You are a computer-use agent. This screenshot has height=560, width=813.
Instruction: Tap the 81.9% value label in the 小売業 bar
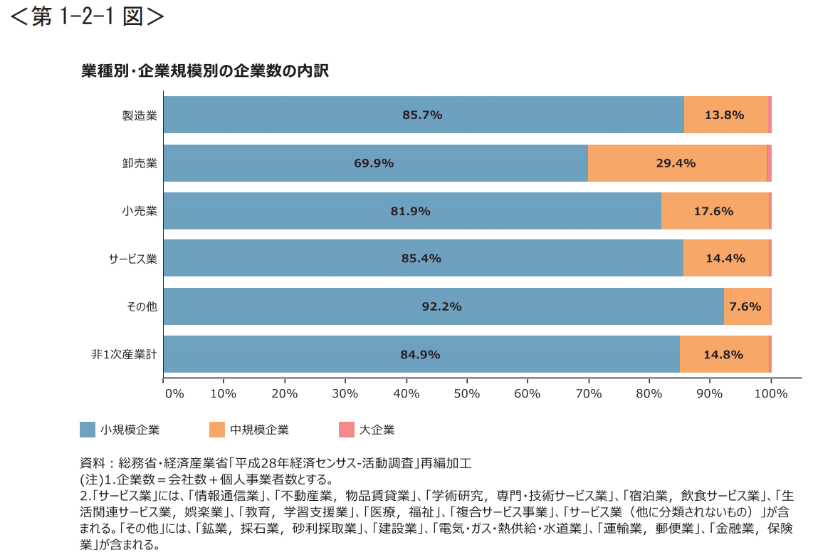pyautogui.click(x=410, y=211)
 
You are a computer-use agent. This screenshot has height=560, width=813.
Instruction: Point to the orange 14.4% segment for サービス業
pyautogui.click(x=725, y=259)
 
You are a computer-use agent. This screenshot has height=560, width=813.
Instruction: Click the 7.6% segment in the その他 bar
pyautogui.click(x=746, y=306)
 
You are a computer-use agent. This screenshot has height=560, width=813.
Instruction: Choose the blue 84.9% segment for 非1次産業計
pyautogui.click(x=421, y=354)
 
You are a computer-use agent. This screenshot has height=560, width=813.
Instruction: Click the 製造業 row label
pyautogui.click(x=140, y=115)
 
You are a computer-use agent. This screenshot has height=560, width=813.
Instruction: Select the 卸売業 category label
pyautogui.click(x=140, y=163)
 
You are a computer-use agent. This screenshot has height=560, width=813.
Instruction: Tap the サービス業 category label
pyautogui.click(x=133, y=259)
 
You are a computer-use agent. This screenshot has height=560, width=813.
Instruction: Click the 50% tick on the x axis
pyautogui.click(x=467, y=393)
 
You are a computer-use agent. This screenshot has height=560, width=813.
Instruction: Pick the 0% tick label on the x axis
pyautogui.click(x=174, y=393)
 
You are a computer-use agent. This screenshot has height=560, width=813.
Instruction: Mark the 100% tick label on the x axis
pyautogui.click(x=773, y=393)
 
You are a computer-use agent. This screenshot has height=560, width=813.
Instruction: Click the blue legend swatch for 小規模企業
pyautogui.click(x=88, y=430)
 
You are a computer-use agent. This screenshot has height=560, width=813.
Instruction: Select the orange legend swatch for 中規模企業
pyautogui.click(x=217, y=430)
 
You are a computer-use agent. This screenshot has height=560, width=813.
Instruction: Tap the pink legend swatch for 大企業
pyautogui.click(x=346, y=430)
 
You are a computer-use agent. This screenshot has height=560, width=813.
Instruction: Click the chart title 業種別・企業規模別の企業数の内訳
pyautogui.click(x=204, y=71)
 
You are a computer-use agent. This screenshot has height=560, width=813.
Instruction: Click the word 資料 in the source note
pyautogui.click(x=93, y=463)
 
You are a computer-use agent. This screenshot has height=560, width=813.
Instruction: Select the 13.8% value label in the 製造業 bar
pyautogui.click(x=724, y=115)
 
